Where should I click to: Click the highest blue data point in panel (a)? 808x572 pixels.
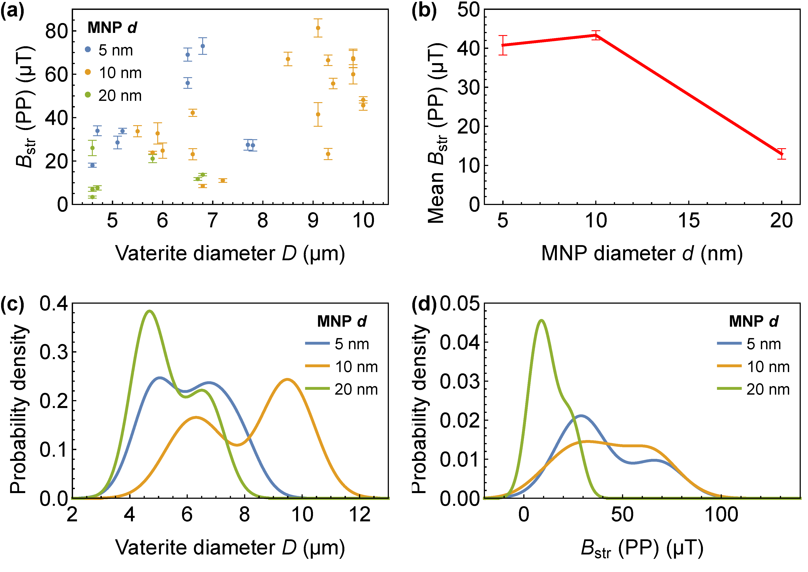[x=203, y=46]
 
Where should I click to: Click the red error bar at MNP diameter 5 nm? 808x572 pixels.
[x=503, y=45]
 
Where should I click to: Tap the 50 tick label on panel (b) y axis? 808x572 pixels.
[x=469, y=10]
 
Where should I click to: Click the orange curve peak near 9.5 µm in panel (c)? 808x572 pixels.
[x=288, y=379]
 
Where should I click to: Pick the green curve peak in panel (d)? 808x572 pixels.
[x=542, y=320]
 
